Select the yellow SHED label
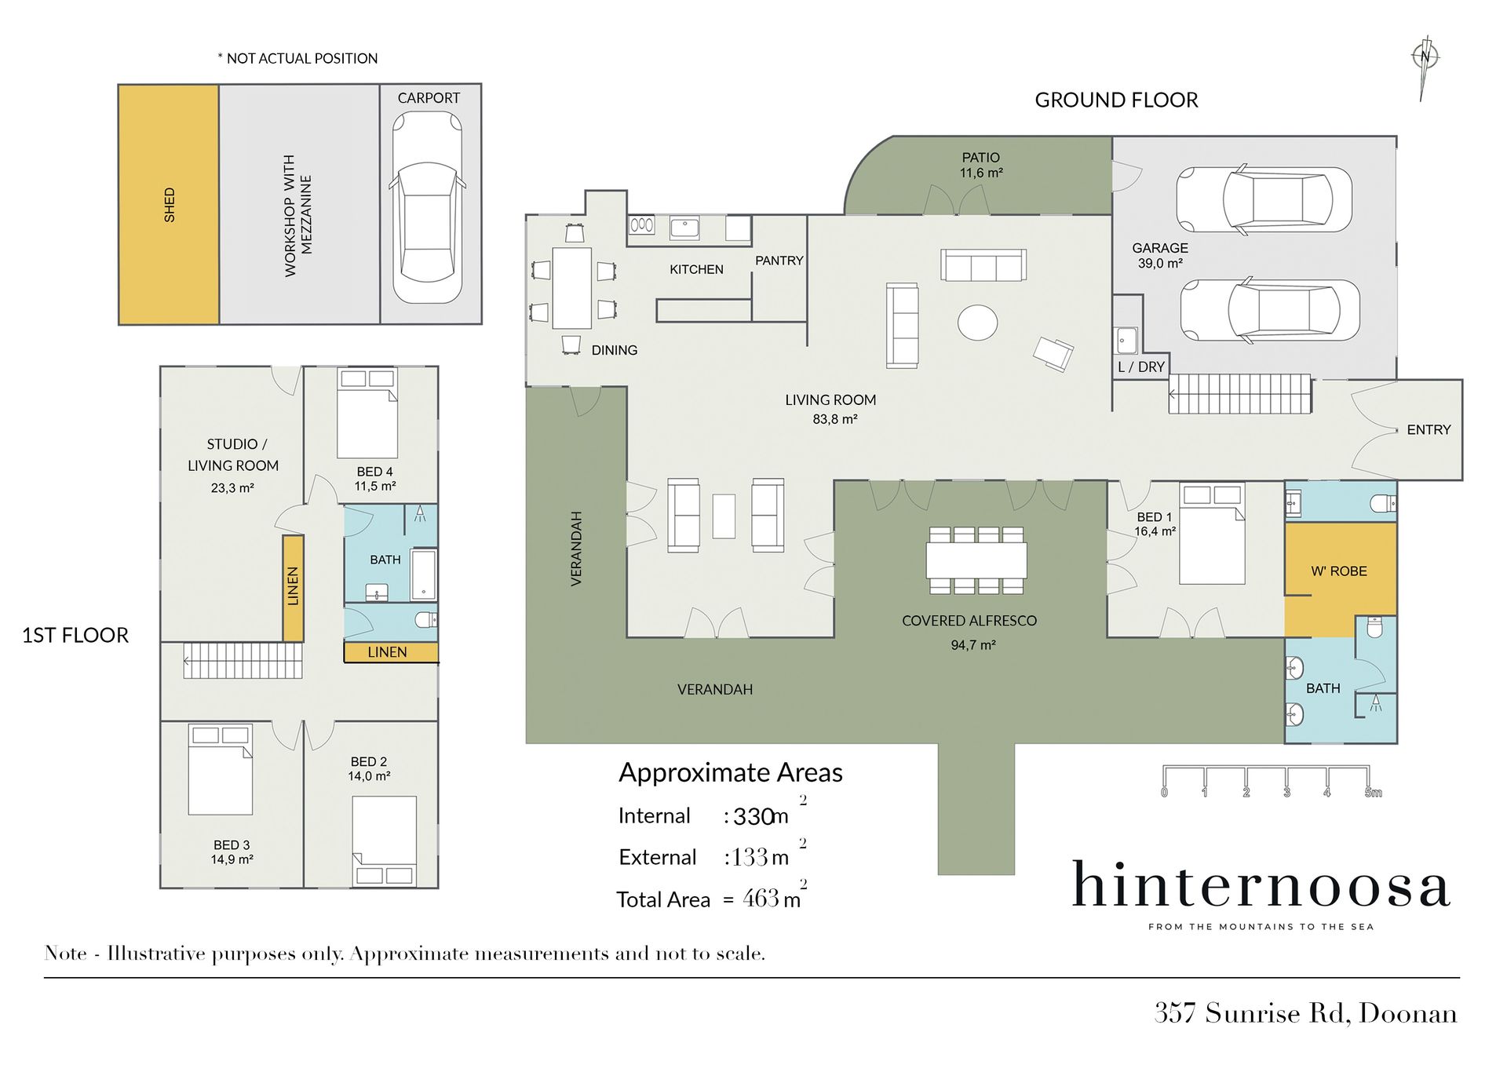point(169,205)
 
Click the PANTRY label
point(779,261)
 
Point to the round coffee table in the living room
point(977,322)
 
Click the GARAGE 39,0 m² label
point(1160,256)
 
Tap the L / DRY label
point(1141,367)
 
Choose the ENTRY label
point(1429,429)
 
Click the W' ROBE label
point(1339,571)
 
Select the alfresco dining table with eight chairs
point(976,560)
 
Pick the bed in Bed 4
point(367,413)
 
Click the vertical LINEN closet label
point(293,585)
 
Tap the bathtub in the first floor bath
point(424,574)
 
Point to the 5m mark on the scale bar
point(1373,793)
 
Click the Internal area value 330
point(754,817)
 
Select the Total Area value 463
point(761,898)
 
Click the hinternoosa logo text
point(1261,884)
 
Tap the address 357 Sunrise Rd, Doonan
point(1305,1013)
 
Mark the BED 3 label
point(232,845)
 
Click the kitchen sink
point(684,228)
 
